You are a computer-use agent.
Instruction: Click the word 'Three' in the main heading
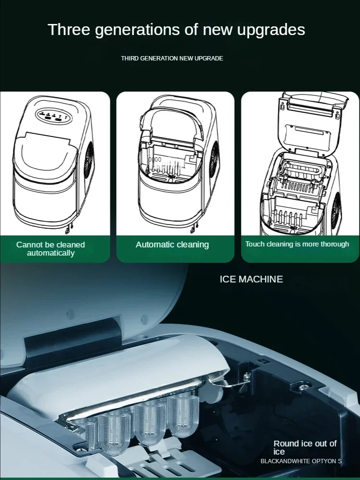(69, 30)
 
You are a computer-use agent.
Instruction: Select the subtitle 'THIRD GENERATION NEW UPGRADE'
(172, 58)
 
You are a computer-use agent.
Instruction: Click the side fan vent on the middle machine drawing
(214, 160)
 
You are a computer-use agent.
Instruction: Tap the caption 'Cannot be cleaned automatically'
(50, 248)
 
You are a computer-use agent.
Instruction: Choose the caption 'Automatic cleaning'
(172, 245)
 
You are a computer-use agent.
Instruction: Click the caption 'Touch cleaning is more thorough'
(297, 244)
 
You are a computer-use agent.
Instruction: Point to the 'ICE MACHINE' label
(251, 279)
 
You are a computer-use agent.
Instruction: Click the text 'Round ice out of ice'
(305, 447)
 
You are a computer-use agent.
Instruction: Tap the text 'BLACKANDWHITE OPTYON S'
(301, 461)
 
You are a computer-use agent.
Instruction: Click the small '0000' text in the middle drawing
(155, 160)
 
